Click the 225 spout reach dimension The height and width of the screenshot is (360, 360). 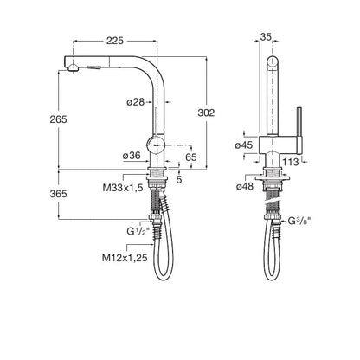click(x=115, y=41)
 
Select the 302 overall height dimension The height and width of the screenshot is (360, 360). click(x=206, y=112)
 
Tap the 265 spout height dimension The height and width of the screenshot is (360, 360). click(x=58, y=119)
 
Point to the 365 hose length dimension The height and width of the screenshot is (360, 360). click(x=58, y=194)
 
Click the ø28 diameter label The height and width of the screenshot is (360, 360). click(x=135, y=102)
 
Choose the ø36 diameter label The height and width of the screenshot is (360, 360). click(x=132, y=156)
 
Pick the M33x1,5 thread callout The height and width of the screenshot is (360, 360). click(x=123, y=188)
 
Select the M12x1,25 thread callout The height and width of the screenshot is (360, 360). click(x=125, y=258)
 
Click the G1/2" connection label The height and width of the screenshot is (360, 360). click(x=138, y=231)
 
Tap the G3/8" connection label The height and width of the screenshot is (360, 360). click(x=299, y=221)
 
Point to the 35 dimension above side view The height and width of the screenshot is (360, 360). click(x=266, y=37)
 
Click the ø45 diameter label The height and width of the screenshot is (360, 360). click(x=244, y=145)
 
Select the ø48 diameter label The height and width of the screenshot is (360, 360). click(x=245, y=187)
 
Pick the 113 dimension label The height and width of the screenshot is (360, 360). click(x=291, y=162)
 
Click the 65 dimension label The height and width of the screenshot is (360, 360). click(x=191, y=157)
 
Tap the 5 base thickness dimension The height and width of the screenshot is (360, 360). click(x=179, y=179)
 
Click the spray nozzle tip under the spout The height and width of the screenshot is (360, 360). click(x=73, y=68)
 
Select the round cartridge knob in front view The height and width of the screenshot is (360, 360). click(x=156, y=145)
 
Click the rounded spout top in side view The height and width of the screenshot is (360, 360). click(x=273, y=62)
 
